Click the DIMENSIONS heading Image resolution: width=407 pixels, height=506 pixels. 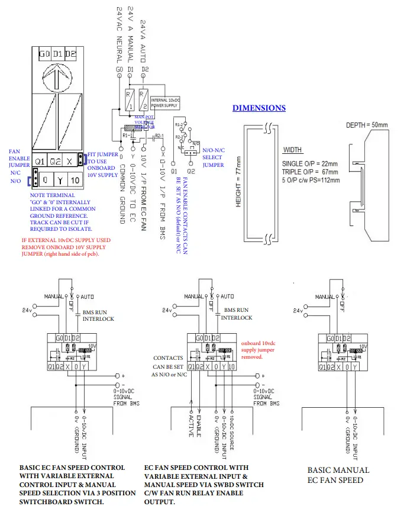click(259, 108)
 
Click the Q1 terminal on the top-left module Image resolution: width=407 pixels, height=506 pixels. click(40, 160)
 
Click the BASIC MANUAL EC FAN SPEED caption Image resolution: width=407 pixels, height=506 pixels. click(338, 475)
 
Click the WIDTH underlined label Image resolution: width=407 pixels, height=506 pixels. click(293, 150)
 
